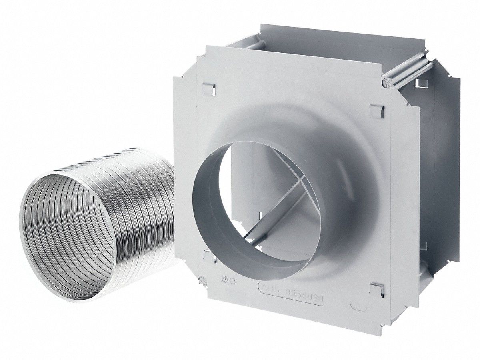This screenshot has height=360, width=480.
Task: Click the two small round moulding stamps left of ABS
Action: (227, 281)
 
